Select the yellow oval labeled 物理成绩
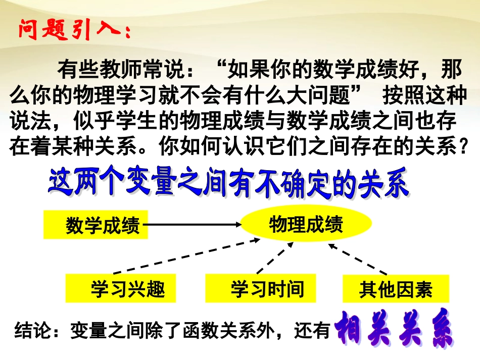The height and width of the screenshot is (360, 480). coord(306,223)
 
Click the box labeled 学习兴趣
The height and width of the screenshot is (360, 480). coord(121,288)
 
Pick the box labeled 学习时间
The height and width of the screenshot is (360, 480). coord(261,288)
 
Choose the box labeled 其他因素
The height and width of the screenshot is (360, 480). coord(396,289)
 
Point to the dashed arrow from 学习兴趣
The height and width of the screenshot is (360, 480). coord(202,255)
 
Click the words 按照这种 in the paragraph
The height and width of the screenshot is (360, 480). coord(420,95)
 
